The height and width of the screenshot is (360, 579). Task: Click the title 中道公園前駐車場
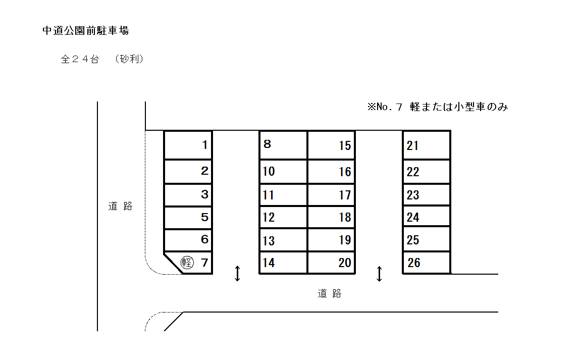[86, 31]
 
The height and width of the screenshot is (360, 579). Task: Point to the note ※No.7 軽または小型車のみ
[437, 107]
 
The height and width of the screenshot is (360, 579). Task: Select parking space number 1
[188, 145]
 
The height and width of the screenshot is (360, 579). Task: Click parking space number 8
[283, 145]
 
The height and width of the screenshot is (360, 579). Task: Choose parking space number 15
[331, 145]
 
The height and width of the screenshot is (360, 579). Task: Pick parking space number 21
[426, 145]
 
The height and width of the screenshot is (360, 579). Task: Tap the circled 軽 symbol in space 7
[187, 263]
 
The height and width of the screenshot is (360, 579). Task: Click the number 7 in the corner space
[204, 263]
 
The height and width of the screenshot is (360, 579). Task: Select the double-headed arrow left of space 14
[237, 274]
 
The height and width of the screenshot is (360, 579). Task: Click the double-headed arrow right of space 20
[380, 274]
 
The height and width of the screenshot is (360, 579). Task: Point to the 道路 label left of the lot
[120, 206]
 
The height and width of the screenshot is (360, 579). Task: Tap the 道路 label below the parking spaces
[330, 293]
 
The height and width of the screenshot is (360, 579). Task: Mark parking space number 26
[426, 263]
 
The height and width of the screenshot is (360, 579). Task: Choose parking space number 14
[283, 263]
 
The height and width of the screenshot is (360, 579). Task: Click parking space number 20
[331, 263]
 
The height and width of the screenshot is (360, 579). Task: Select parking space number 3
[188, 195]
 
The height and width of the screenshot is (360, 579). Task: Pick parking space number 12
[283, 217]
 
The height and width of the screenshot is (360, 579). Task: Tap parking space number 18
[331, 217]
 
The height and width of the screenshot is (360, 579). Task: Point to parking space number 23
[426, 195]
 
